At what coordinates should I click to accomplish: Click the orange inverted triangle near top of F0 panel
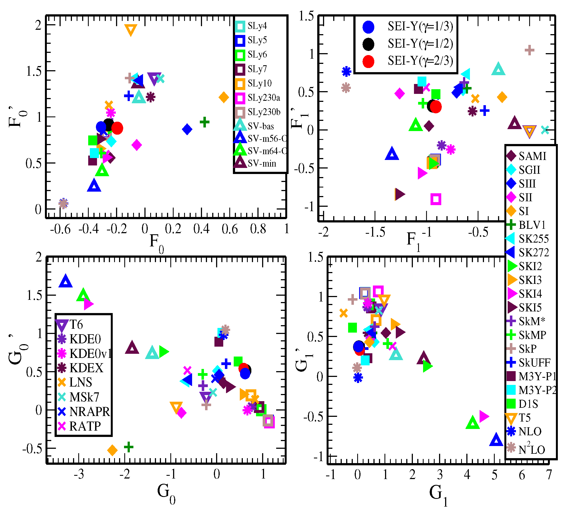pyautogui.click(x=131, y=30)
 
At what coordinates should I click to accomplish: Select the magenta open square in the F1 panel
pyautogui.click(x=435, y=199)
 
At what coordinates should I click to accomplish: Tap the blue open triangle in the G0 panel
pyautogui.click(x=66, y=282)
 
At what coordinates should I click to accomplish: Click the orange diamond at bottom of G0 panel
pyautogui.click(x=112, y=450)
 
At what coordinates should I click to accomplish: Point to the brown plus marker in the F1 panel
pyautogui.click(x=529, y=51)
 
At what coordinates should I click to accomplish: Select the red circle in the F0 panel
pyautogui.click(x=117, y=128)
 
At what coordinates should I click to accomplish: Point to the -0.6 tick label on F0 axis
pyautogui.click(x=60, y=229)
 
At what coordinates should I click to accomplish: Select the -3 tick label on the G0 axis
pyautogui.click(x=79, y=475)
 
